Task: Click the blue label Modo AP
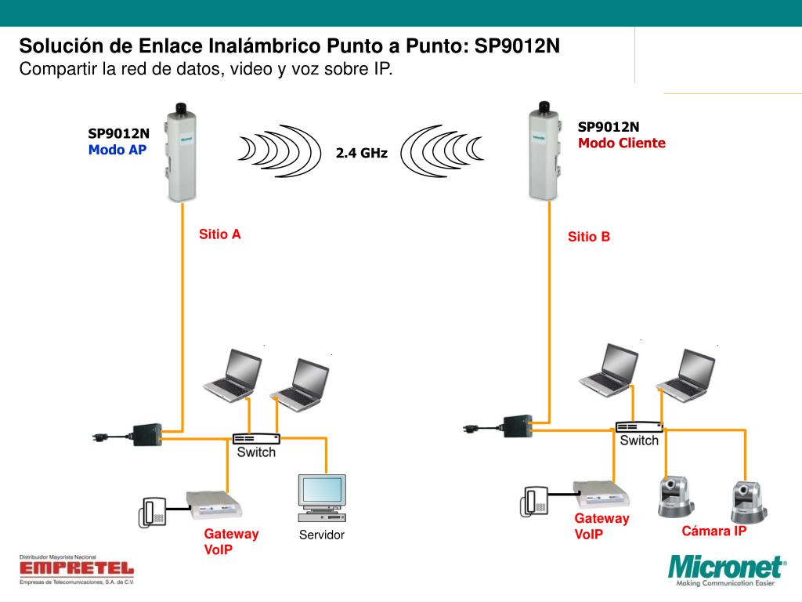click(x=117, y=150)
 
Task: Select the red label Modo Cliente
click(x=621, y=143)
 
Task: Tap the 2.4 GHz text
click(x=362, y=153)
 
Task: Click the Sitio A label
click(x=220, y=234)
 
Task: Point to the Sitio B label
click(x=589, y=237)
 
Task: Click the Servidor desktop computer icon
click(x=322, y=498)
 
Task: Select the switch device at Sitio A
click(x=256, y=439)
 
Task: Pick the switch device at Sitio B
click(x=639, y=427)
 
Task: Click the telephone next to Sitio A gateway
click(x=153, y=513)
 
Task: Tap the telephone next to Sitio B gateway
click(x=534, y=501)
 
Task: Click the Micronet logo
click(x=726, y=570)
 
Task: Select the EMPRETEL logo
click(x=77, y=570)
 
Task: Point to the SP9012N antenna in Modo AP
click(x=181, y=153)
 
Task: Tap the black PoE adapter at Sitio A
click(x=147, y=435)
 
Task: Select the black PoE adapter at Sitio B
click(x=518, y=426)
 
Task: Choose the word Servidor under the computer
click(x=322, y=535)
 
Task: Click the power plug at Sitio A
click(x=101, y=437)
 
